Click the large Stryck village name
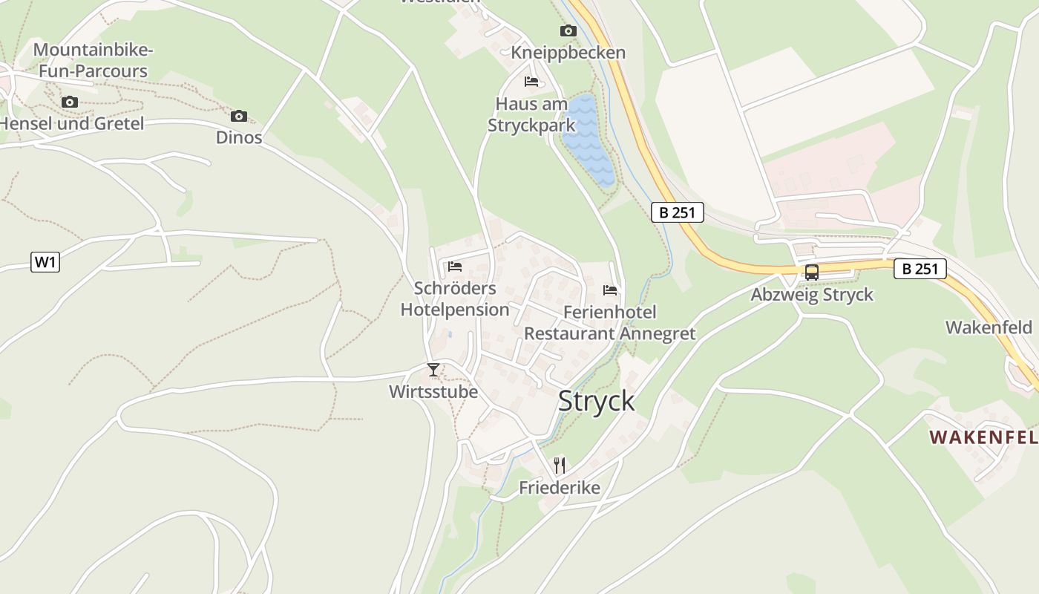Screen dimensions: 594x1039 (596, 401)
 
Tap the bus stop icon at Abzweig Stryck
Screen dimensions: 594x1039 (812, 272)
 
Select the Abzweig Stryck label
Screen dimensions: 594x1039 (812, 295)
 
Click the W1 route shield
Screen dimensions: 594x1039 (45, 262)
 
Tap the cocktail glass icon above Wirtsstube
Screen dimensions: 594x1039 (433, 369)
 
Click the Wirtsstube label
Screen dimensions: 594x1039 (433, 391)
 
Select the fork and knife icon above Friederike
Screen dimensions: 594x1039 (560, 466)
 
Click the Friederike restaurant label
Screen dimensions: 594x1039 (560, 488)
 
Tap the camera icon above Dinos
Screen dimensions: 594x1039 (238, 116)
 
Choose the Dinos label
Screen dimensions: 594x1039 (239, 137)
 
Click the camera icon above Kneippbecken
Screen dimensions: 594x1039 (568, 30)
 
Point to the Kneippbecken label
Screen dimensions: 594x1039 (568, 53)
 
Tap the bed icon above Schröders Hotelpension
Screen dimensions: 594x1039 (455, 266)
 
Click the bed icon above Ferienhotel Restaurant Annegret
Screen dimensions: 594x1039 (610, 290)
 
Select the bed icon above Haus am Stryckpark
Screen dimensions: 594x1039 (531, 81)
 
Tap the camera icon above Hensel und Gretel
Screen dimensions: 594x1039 (70, 102)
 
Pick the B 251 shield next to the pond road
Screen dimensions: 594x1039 (677, 212)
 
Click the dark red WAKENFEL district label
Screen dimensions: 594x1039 (983, 437)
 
